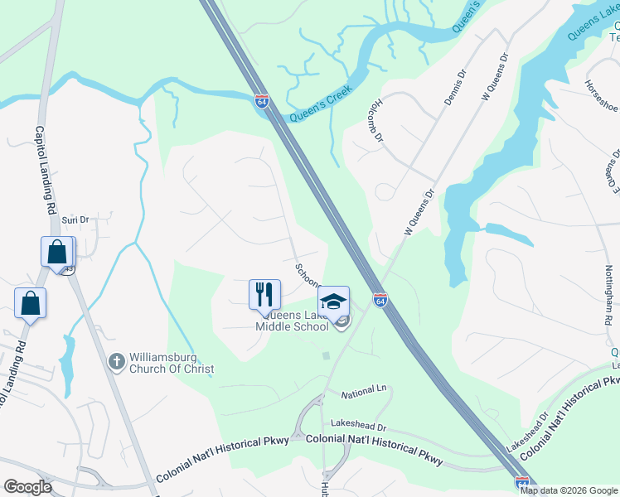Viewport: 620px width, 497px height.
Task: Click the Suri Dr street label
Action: pyautogui.click(x=75, y=220)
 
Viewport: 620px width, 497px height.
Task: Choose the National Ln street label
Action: pyautogui.click(x=364, y=388)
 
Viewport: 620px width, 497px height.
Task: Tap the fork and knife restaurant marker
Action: pyautogui.click(x=265, y=294)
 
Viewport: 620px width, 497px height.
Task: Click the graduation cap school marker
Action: pyautogui.click(x=333, y=300)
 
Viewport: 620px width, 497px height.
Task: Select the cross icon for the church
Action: pyautogui.click(x=117, y=361)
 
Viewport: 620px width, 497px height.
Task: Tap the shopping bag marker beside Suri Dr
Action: pyautogui.click(x=57, y=251)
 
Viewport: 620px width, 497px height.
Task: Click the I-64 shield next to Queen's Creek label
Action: pyautogui.click(x=262, y=101)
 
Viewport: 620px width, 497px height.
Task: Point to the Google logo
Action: pyautogui.click(x=27, y=486)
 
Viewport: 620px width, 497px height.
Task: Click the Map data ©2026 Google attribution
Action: pyautogui.click(x=569, y=490)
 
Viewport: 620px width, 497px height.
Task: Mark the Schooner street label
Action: pyautogui.click(x=306, y=275)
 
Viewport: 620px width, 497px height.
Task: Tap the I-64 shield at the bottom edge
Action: pyautogui.click(x=522, y=482)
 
